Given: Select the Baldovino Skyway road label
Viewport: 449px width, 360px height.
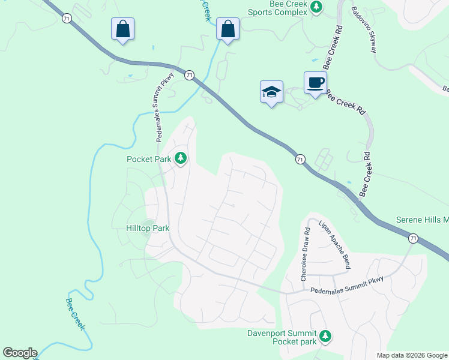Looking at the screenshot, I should click(364, 31).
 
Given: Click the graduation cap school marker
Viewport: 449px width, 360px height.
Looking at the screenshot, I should click(271, 92).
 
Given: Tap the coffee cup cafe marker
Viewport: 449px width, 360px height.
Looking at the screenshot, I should click(315, 83).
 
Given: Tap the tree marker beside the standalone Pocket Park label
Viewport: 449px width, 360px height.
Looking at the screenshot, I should click(181, 158).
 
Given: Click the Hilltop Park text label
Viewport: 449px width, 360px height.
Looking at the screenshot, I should click(148, 229).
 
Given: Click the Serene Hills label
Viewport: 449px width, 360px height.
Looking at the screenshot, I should click(422, 220).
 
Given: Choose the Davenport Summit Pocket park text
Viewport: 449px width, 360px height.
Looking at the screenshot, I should click(281, 337).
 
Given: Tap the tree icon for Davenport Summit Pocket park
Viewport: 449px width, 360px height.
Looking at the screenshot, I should click(325, 335).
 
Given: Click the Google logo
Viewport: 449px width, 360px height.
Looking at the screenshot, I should click(20, 353).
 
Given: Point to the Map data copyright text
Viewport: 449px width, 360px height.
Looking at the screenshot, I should click(412, 355).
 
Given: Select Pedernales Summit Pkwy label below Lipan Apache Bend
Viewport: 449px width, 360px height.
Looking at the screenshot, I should click(346, 285).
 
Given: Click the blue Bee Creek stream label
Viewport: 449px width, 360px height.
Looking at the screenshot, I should click(75, 314).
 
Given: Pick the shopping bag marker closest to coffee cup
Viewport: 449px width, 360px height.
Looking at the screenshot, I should click(228, 28).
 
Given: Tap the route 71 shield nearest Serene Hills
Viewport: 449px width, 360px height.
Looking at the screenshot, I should click(413, 239).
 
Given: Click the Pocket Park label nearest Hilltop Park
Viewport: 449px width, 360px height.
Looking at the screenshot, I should click(149, 159).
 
